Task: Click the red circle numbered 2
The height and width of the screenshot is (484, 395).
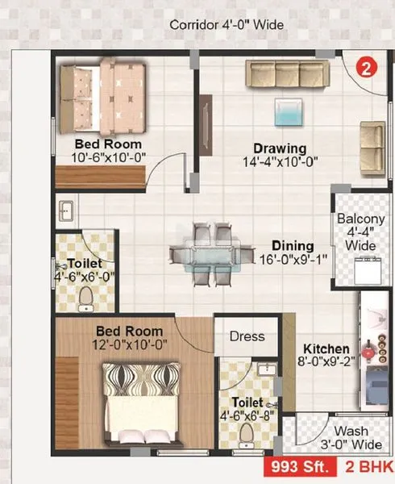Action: pos(367,69)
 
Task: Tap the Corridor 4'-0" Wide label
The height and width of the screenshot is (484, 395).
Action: pos(227,25)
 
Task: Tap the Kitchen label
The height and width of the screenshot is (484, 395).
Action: pos(326,348)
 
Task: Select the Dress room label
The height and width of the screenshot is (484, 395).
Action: pos(247,336)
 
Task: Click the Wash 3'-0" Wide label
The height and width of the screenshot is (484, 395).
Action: pos(351,437)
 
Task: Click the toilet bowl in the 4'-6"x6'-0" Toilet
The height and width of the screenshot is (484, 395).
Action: pos(85,299)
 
